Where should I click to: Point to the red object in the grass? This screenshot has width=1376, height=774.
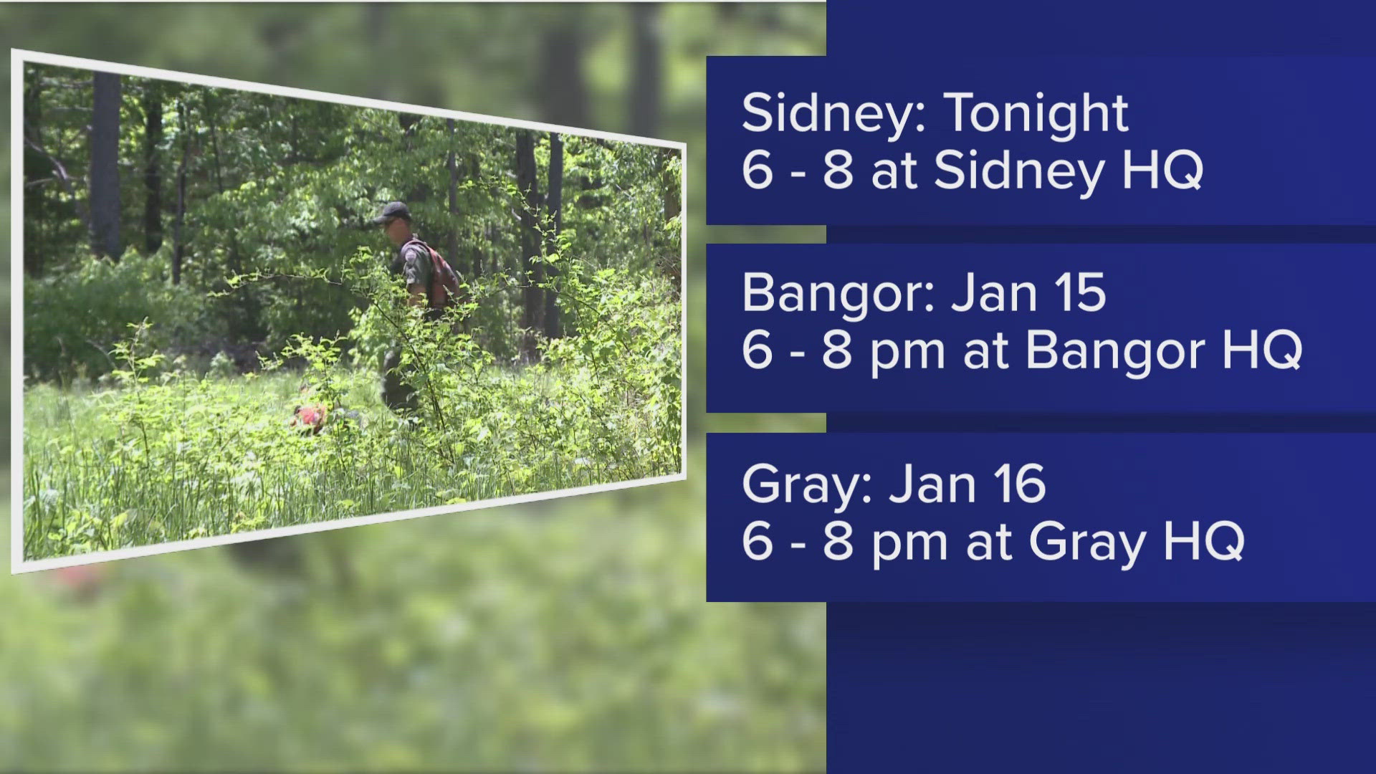(x=310, y=416)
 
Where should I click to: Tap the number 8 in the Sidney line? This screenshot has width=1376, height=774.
(x=838, y=171)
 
